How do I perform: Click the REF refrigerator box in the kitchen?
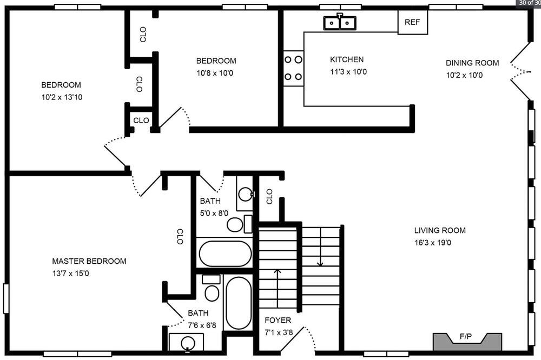pyautogui.click(x=413, y=22)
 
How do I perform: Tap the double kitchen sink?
pyautogui.click(x=340, y=22)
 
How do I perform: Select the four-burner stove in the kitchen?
pyautogui.click(x=293, y=68)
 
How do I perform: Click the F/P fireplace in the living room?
pyautogui.click(x=467, y=342)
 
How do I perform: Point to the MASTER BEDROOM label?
pyautogui.click(x=89, y=261)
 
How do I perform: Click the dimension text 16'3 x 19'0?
pyautogui.click(x=433, y=242)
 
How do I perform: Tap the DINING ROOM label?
pyautogui.click(x=472, y=63)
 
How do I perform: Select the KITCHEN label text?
pyautogui.click(x=347, y=59)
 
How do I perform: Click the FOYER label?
pyautogui.click(x=278, y=320)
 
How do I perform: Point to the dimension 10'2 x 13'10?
pyautogui.click(x=62, y=97)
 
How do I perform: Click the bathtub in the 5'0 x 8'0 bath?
pyautogui.click(x=225, y=253)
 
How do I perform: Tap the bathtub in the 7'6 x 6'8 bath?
pyautogui.click(x=239, y=303)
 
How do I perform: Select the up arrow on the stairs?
pyautogui.click(x=278, y=288)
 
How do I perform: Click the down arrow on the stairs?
pyautogui.click(x=320, y=246)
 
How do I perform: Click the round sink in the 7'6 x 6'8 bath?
pyautogui.click(x=188, y=343)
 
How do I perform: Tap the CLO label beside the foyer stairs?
pyautogui.click(x=269, y=196)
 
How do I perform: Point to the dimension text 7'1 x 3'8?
pyautogui.click(x=279, y=332)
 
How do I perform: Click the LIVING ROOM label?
pyautogui.click(x=440, y=230)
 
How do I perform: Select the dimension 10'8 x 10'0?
pyautogui.click(x=215, y=73)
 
